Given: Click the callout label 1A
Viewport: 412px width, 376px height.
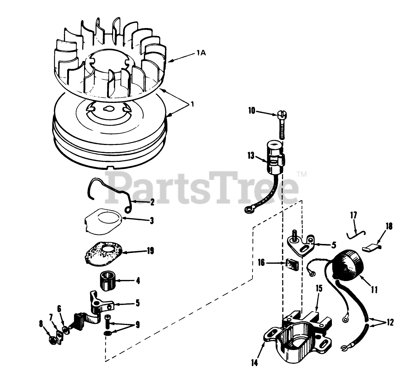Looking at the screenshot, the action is pos(201,54).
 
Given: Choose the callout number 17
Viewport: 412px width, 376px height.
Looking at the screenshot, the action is pos(353,216).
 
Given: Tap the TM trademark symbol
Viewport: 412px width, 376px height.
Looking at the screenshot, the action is pos(301,175).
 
